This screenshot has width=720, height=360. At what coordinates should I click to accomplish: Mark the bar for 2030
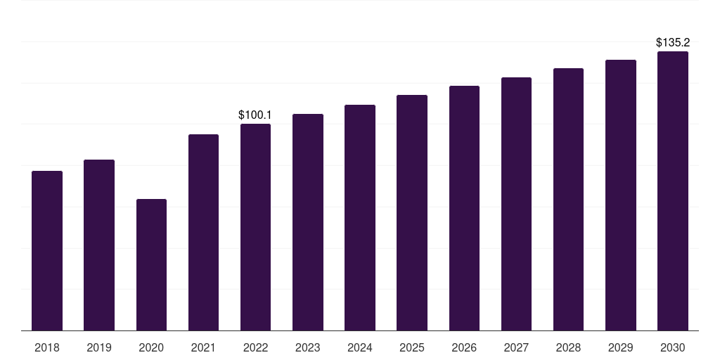pos(673,191)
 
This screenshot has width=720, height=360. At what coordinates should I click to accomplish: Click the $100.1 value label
pos(255,115)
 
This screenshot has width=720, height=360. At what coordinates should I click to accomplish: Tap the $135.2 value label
pos(673,42)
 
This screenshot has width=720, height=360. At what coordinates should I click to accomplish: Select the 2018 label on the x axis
pos(47,347)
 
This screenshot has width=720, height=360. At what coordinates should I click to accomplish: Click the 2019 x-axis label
pos(99,347)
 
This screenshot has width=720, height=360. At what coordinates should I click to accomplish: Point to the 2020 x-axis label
pos(151,347)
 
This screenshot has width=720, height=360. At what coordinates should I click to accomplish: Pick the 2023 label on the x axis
pos(308,347)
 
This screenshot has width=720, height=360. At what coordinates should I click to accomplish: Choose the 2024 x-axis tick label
pos(360,347)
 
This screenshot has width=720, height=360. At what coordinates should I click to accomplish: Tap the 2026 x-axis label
pos(464,347)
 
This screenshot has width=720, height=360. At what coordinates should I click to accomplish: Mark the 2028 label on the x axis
pos(568,347)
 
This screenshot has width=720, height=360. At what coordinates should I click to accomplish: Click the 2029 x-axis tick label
pos(621,347)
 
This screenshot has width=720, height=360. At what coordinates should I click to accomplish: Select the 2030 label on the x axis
pos(673,347)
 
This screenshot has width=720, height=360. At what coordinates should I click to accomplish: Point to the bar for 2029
pos(621,195)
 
